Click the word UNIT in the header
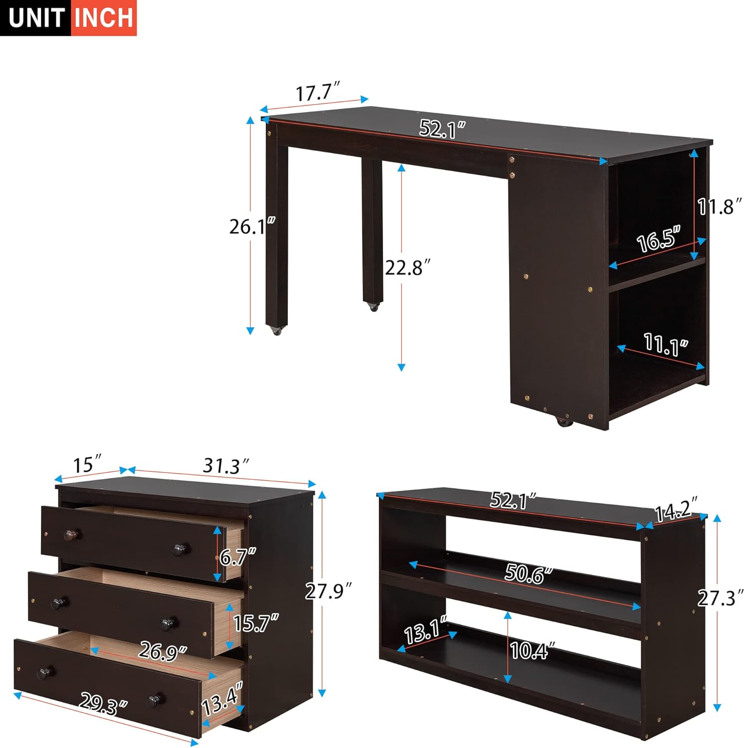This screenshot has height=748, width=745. pos(36,18)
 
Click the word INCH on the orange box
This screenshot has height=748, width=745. pos(104,18)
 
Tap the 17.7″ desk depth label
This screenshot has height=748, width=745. pos(317,93)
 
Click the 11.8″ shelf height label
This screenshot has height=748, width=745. pos(719,206)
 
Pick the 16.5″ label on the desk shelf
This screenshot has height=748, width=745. pos(659,240)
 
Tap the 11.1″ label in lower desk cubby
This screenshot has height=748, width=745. pos(666,345)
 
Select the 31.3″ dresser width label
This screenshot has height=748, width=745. pos(226,466)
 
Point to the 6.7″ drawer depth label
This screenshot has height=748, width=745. pos(238,557)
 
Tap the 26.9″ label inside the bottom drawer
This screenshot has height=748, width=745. pos(163,650)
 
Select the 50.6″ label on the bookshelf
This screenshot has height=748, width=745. pos(528,573)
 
